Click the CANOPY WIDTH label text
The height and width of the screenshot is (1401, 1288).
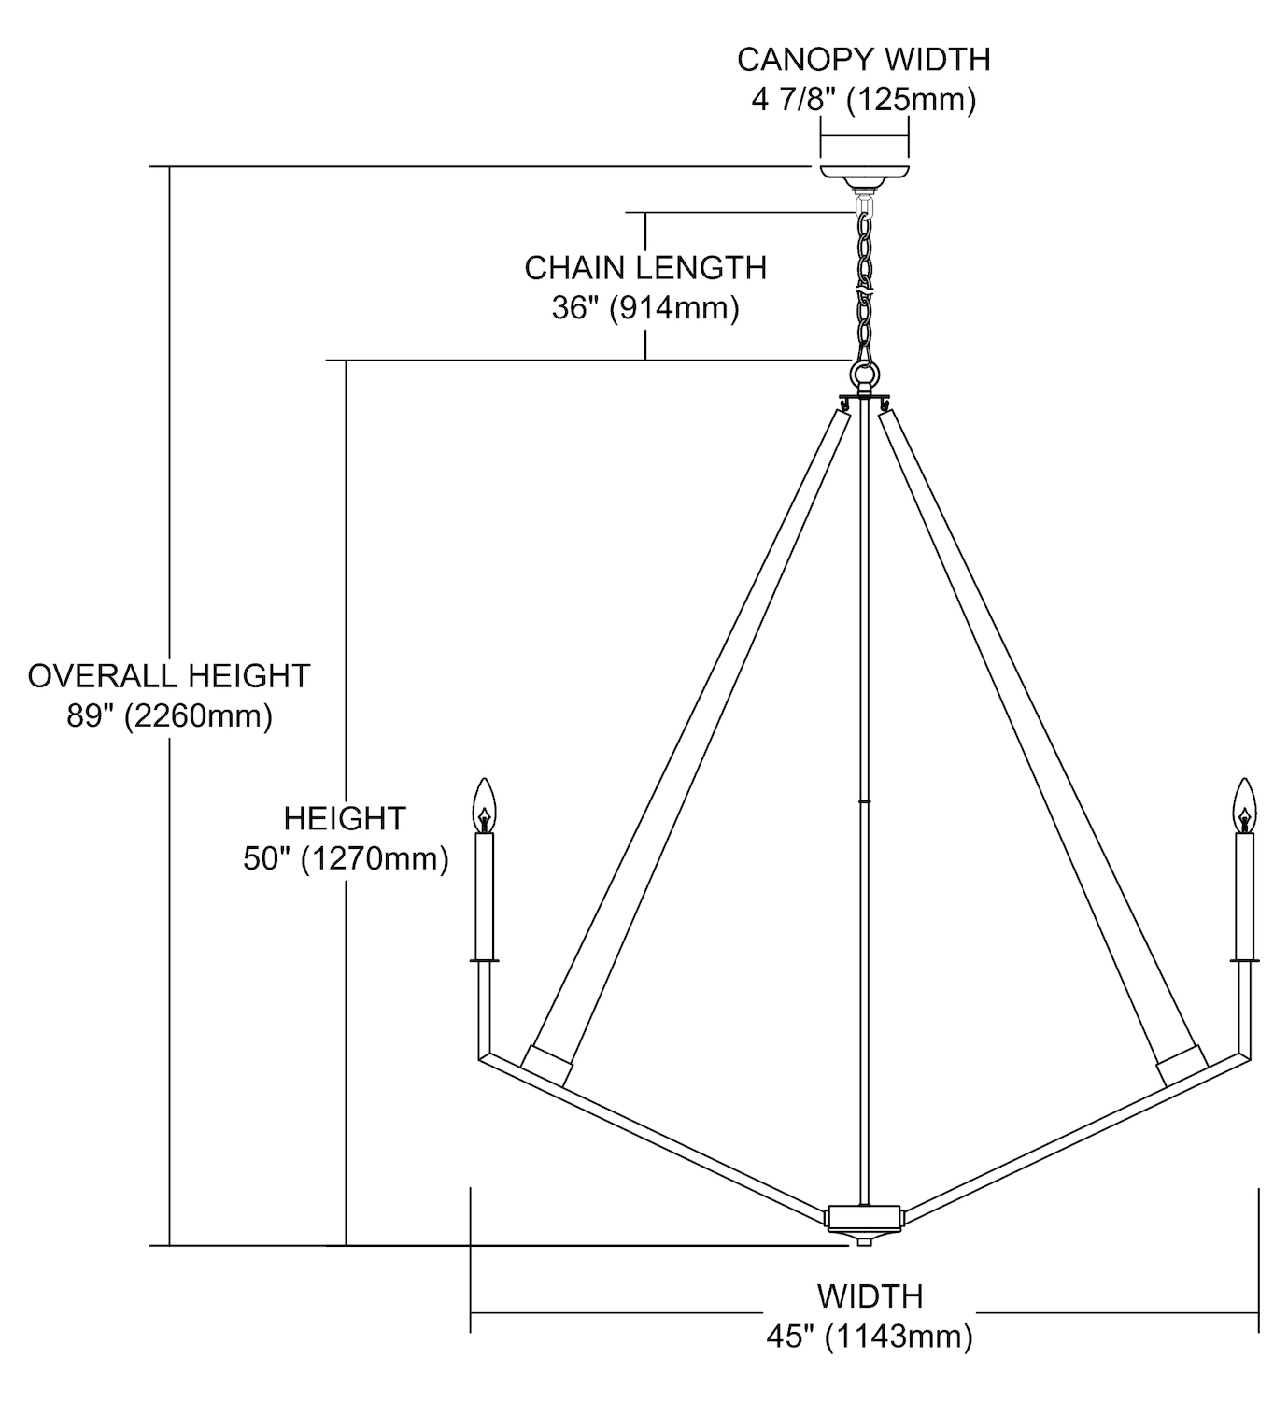pos(863,59)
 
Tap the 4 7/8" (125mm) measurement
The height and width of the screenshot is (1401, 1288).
pos(863,99)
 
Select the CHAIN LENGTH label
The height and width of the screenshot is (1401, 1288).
pos(645,268)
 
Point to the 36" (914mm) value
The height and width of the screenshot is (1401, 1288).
pos(645,307)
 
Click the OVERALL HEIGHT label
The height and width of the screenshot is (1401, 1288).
pos(169,675)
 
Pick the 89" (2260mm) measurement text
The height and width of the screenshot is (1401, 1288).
pos(169,715)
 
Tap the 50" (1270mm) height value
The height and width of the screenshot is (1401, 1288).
pos(346,858)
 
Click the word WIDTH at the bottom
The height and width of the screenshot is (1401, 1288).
pos(870,1296)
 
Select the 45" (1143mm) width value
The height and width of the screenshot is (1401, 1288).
pos(870,1337)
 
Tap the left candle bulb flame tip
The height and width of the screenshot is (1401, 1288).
pos(483,785)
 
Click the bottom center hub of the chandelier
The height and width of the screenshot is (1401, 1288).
pos(865,1218)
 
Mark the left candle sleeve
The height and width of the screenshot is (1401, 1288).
pos(484,895)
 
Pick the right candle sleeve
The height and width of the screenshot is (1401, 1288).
pos(1244,895)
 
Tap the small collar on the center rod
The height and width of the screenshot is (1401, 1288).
pos(865,801)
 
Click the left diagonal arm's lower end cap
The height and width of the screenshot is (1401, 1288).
pos(549,1065)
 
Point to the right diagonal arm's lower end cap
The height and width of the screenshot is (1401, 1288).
pos(1179,1065)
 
